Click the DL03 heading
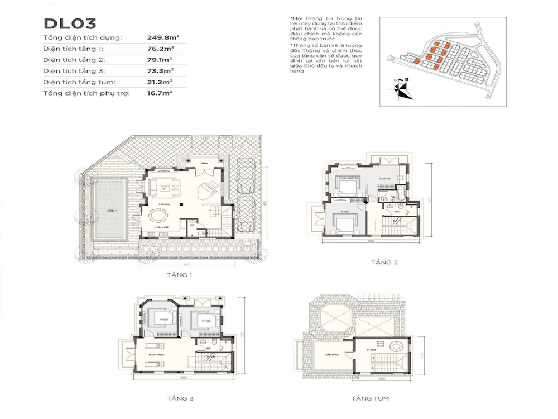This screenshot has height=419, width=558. (70, 23)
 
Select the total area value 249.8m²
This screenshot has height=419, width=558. (160, 38)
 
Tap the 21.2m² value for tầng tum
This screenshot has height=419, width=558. (160, 82)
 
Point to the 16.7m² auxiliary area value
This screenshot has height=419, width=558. (160, 93)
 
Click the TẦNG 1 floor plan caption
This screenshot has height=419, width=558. (179, 275)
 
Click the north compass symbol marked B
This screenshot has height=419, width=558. (401, 89)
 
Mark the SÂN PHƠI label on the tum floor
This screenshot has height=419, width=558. (325, 354)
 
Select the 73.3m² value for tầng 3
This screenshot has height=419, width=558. (160, 71)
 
